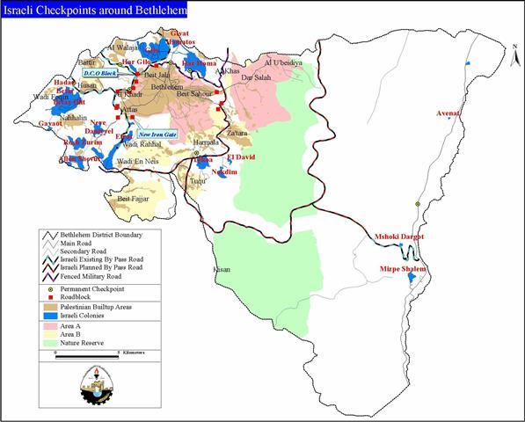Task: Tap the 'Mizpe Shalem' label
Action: click(x=403, y=268)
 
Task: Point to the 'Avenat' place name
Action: click(x=449, y=113)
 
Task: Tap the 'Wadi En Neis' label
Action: click(x=137, y=163)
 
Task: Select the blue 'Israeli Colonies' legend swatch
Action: click(x=48, y=315)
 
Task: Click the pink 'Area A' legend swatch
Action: click(x=48, y=324)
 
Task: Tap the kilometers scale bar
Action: click(x=87, y=353)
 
